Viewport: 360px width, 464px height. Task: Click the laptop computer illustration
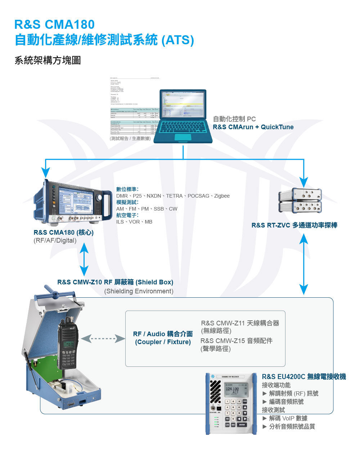point(183,116)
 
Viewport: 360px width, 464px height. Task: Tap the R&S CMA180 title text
point(54,24)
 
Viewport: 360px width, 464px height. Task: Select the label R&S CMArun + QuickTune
point(253,127)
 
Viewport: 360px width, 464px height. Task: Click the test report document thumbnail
point(134,106)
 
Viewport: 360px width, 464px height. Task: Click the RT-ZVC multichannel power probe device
point(300,201)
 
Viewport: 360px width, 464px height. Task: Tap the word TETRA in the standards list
point(174,196)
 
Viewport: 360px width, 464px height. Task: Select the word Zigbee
point(222,196)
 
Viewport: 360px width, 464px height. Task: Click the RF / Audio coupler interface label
point(163,338)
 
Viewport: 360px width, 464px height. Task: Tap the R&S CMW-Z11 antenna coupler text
point(240,323)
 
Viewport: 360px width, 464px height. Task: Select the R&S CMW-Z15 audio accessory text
point(236,341)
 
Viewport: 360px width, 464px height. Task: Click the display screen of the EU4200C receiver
point(236,390)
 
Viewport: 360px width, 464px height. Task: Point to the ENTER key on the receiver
point(242,425)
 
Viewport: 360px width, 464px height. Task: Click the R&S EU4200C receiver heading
point(303,377)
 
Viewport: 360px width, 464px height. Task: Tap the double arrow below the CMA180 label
point(84,259)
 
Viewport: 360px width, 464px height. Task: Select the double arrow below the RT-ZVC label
point(303,264)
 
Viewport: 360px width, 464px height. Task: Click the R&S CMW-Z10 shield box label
point(115,282)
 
